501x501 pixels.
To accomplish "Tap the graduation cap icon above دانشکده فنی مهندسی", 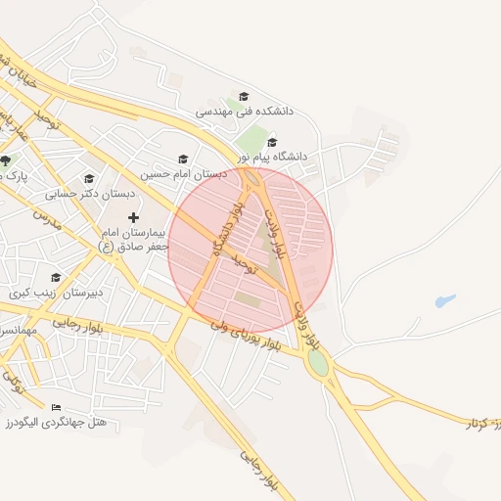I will click(x=244, y=96).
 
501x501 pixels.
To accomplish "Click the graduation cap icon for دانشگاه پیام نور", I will click(x=272, y=142).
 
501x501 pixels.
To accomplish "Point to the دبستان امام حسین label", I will click(x=183, y=173).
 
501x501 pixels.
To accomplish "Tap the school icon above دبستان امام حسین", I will click(x=182, y=159).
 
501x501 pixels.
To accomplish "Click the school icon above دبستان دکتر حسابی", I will click(x=89, y=178).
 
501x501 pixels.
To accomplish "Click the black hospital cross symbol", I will click(x=133, y=217).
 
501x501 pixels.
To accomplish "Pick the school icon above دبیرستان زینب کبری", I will click(x=55, y=277).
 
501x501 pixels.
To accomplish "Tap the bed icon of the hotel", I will click(x=55, y=407).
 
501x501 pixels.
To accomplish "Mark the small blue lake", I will click(x=445, y=301).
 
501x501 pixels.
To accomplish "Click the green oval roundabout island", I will click(x=317, y=363).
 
